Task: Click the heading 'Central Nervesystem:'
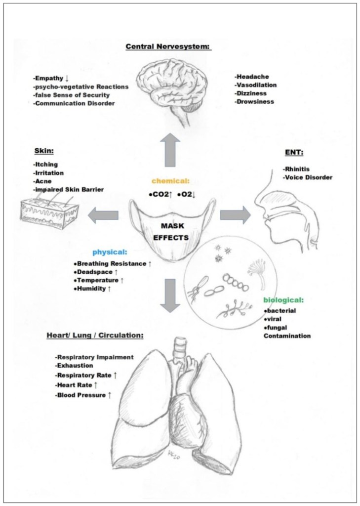168,47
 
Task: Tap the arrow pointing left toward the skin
104,214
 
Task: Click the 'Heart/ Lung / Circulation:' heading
95,335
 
